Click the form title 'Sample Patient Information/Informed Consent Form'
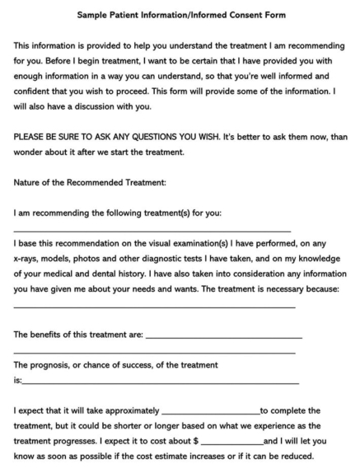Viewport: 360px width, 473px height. (180, 14)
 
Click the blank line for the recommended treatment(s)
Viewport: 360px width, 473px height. (152, 230)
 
